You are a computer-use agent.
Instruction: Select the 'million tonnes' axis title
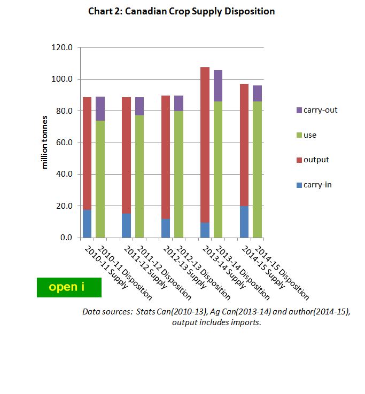tap(45, 143)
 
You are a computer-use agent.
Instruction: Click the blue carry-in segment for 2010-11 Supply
tap(87, 224)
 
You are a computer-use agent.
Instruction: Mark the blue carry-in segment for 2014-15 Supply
tap(244, 222)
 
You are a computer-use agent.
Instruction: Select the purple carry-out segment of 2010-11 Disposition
tap(100, 109)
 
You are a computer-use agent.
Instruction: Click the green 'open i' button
tap(69, 287)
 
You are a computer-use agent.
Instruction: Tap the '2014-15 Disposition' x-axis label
tap(282, 272)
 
